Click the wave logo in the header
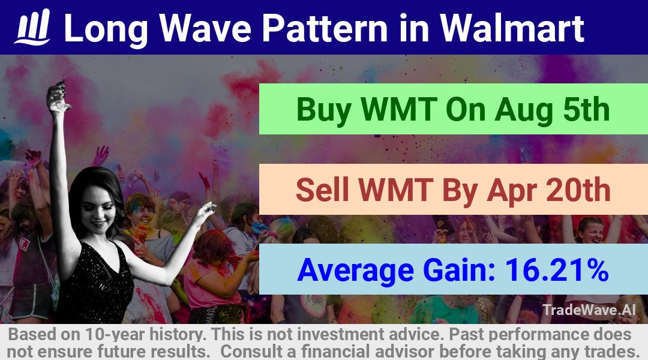pos(32,27)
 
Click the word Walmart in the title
pos(512,28)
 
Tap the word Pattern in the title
pos(325,28)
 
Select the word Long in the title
pos(106,29)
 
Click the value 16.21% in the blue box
pos(556,270)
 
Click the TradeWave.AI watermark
pos(589,310)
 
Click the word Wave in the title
pos(205,28)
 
